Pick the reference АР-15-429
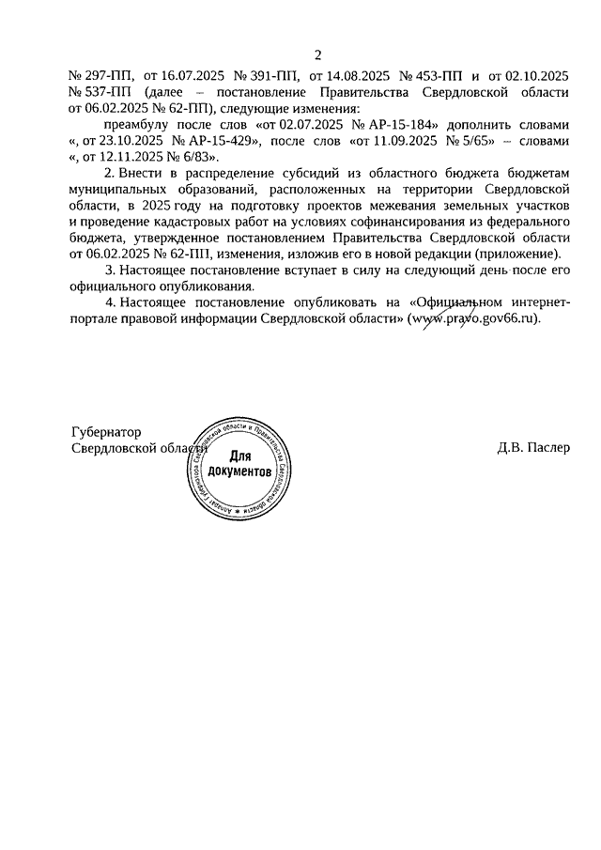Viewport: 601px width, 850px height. tap(219, 143)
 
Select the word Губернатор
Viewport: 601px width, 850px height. tap(106, 431)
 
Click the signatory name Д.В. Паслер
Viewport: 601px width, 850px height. tap(534, 448)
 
